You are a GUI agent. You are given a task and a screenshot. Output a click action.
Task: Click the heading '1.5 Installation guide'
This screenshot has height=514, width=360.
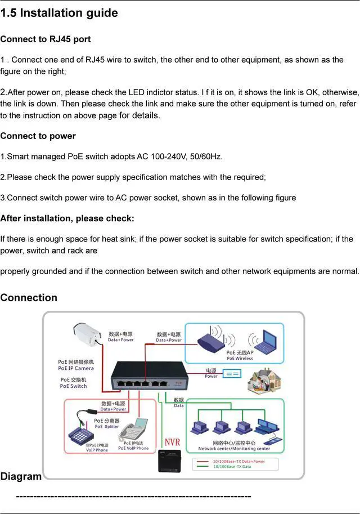[59, 13]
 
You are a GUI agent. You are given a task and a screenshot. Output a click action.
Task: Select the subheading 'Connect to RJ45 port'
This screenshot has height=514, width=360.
[46, 39]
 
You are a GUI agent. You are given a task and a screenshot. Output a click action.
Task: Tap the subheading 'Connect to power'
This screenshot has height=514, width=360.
[38, 136]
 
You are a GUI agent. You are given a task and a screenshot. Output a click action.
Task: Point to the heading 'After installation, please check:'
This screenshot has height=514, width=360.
[67, 218]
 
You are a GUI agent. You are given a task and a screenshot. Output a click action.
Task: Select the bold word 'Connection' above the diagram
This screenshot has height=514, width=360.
[29, 298]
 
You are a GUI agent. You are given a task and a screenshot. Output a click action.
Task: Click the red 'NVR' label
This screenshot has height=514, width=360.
[173, 443]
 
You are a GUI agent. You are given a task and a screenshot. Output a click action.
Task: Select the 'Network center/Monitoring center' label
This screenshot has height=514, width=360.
[234, 449]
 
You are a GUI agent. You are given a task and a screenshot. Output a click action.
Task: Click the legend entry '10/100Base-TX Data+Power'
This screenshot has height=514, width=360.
[238, 461]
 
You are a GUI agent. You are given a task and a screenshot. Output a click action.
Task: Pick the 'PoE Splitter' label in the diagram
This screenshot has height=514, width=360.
[106, 426]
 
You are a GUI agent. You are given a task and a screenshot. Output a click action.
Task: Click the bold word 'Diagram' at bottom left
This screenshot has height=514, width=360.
[21, 476]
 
